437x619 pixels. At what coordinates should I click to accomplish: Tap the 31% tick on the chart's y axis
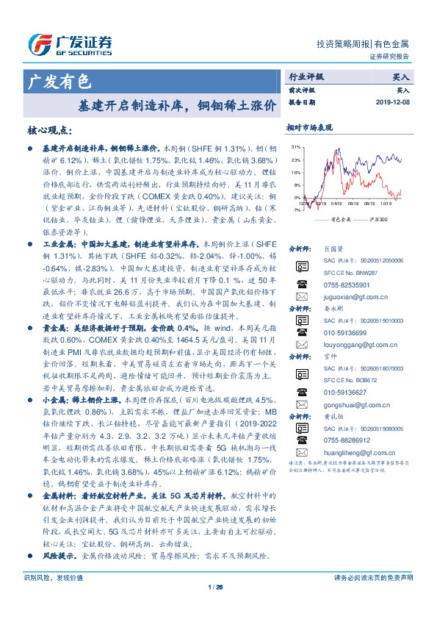pos(295,147)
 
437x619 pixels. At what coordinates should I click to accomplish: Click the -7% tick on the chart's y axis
pos(295,210)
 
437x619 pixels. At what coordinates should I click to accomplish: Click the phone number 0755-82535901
pos(343,282)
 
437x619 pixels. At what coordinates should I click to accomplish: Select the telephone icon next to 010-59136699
pos(301,332)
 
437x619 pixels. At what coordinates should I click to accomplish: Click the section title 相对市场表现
pos(309,127)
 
